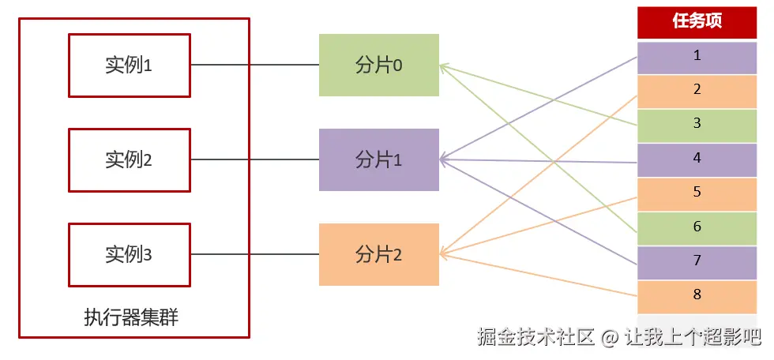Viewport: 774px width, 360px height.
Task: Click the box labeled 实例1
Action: point(129,66)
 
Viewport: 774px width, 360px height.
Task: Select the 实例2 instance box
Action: point(129,160)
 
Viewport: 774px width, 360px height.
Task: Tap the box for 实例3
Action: point(129,255)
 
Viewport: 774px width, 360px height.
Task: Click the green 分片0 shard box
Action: point(379,66)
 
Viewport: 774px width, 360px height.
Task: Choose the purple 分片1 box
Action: point(379,160)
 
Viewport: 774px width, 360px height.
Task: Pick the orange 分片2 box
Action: point(379,255)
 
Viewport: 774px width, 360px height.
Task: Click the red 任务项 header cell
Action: point(697,21)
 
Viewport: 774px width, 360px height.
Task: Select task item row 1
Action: point(697,56)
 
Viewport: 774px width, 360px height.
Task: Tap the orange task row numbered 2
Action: point(697,90)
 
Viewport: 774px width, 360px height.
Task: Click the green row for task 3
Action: point(697,124)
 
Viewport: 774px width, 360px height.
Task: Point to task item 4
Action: point(697,158)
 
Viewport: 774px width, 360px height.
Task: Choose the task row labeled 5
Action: point(697,192)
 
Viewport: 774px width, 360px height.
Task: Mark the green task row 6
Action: point(697,227)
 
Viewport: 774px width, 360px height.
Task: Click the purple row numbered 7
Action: point(697,261)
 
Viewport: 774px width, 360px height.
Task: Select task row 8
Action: point(697,295)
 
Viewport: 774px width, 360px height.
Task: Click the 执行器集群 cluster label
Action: point(131,318)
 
